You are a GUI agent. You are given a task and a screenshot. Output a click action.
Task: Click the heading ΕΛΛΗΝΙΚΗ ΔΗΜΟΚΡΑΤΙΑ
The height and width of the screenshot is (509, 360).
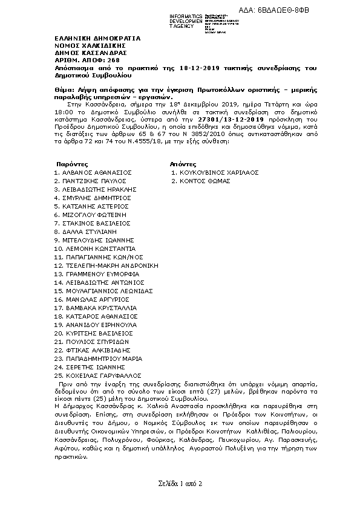coord(97,38)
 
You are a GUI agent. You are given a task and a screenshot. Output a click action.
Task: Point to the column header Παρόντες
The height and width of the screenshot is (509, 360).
coord(72,164)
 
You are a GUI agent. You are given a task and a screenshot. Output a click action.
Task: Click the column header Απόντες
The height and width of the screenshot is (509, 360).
coord(183,164)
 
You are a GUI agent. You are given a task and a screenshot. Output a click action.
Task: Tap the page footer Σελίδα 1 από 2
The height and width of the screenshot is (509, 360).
coord(180,484)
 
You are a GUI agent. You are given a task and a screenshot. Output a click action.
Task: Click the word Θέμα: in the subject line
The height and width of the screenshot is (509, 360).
coord(63,89)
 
